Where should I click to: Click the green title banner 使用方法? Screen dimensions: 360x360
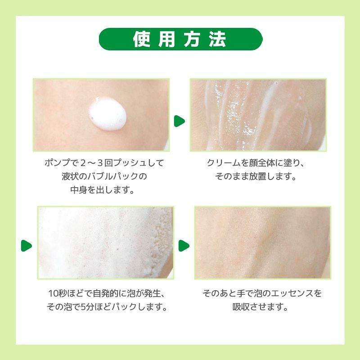pyautogui.click(x=180, y=39)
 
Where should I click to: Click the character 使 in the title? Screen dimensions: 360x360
pyautogui.click(x=140, y=39)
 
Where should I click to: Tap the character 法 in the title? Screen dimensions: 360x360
pyautogui.click(x=218, y=39)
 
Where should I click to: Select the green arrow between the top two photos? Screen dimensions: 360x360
pyautogui.click(x=180, y=121)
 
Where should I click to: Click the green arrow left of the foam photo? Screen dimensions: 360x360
pyautogui.click(x=27, y=246)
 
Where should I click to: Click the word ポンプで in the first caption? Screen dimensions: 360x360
pyautogui.click(x=58, y=163)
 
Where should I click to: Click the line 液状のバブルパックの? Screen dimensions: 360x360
pyautogui.click(x=104, y=176)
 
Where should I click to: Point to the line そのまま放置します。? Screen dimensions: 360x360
pyautogui.click(x=255, y=176)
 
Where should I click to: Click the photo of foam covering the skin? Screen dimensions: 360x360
pyautogui.click(x=105, y=243)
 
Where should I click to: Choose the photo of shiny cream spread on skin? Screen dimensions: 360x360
pyautogui.click(x=257, y=115)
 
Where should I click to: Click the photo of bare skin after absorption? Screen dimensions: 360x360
pyautogui.click(x=262, y=243)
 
